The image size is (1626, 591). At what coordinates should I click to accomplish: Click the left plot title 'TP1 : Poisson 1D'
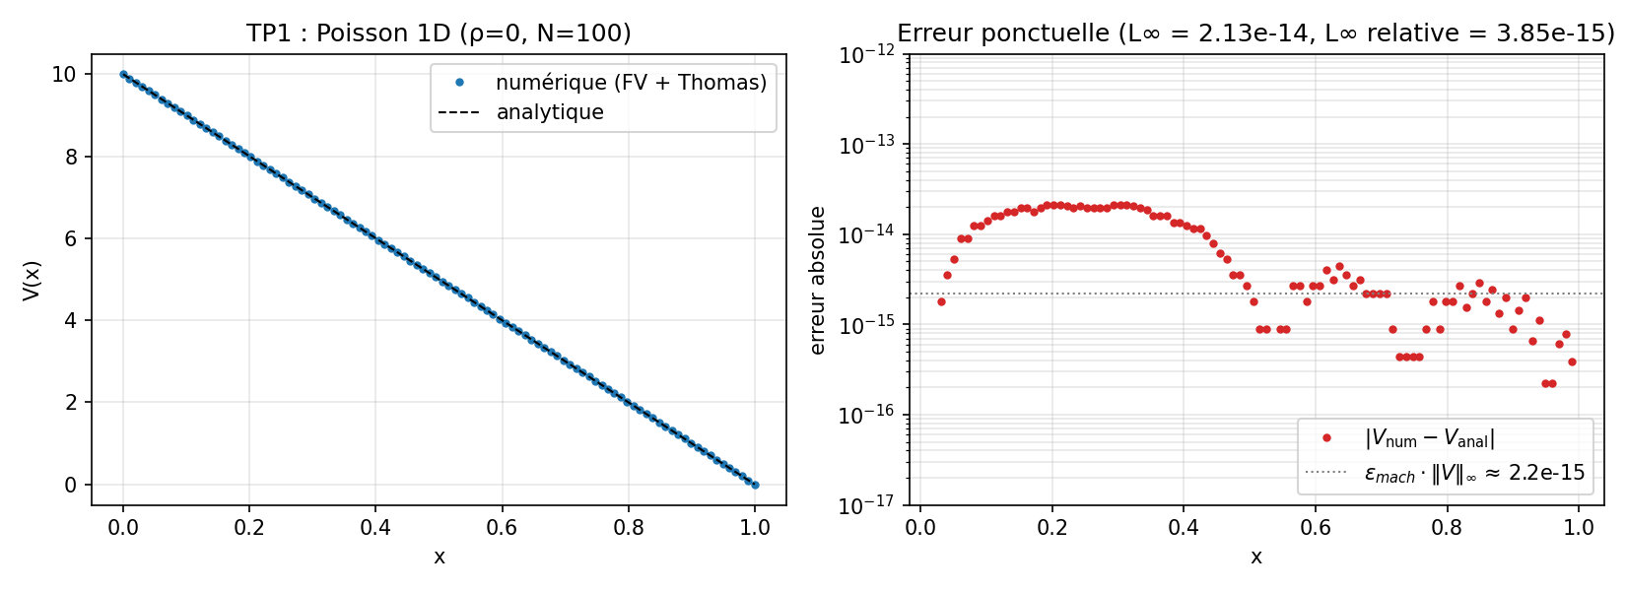click(x=439, y=33)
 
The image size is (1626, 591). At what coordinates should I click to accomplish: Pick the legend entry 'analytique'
click(x=550, y=112)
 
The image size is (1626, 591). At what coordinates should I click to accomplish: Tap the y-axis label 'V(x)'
click(x=32, y=280)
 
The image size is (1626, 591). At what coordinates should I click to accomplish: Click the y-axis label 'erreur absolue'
click(x=817, y=280)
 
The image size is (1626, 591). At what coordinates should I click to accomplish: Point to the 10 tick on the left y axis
click(x=64, y=75)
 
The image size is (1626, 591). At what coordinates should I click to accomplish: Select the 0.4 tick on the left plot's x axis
click(x=375, y=527)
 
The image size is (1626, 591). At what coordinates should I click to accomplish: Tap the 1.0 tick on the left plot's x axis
click(x=755, y=527)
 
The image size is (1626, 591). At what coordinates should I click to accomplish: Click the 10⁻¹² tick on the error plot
click(x=867, y=55)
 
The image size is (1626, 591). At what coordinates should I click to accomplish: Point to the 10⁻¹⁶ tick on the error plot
click(x=867, y=415)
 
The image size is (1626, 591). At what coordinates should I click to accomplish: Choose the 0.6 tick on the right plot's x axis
click(x=1316, y=527)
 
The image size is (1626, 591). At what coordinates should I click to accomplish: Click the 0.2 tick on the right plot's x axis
click(x=1052, y=527)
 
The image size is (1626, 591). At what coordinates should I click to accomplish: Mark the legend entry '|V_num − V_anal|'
click(x=1429, y=438)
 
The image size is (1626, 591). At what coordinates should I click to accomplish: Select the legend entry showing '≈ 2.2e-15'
click(x=1474, y=473)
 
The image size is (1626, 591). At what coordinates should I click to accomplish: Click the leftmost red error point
click(x=941, y=301)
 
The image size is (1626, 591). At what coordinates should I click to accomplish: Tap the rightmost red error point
click(x=1572, y=361)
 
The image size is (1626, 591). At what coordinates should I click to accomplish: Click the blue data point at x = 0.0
click(x=123, y=74)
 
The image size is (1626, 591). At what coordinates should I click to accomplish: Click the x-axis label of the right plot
click(x=1255, y=558)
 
